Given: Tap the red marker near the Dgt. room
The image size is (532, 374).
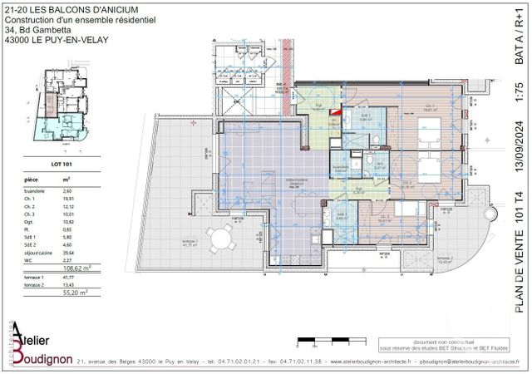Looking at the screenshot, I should coord(336,111).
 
